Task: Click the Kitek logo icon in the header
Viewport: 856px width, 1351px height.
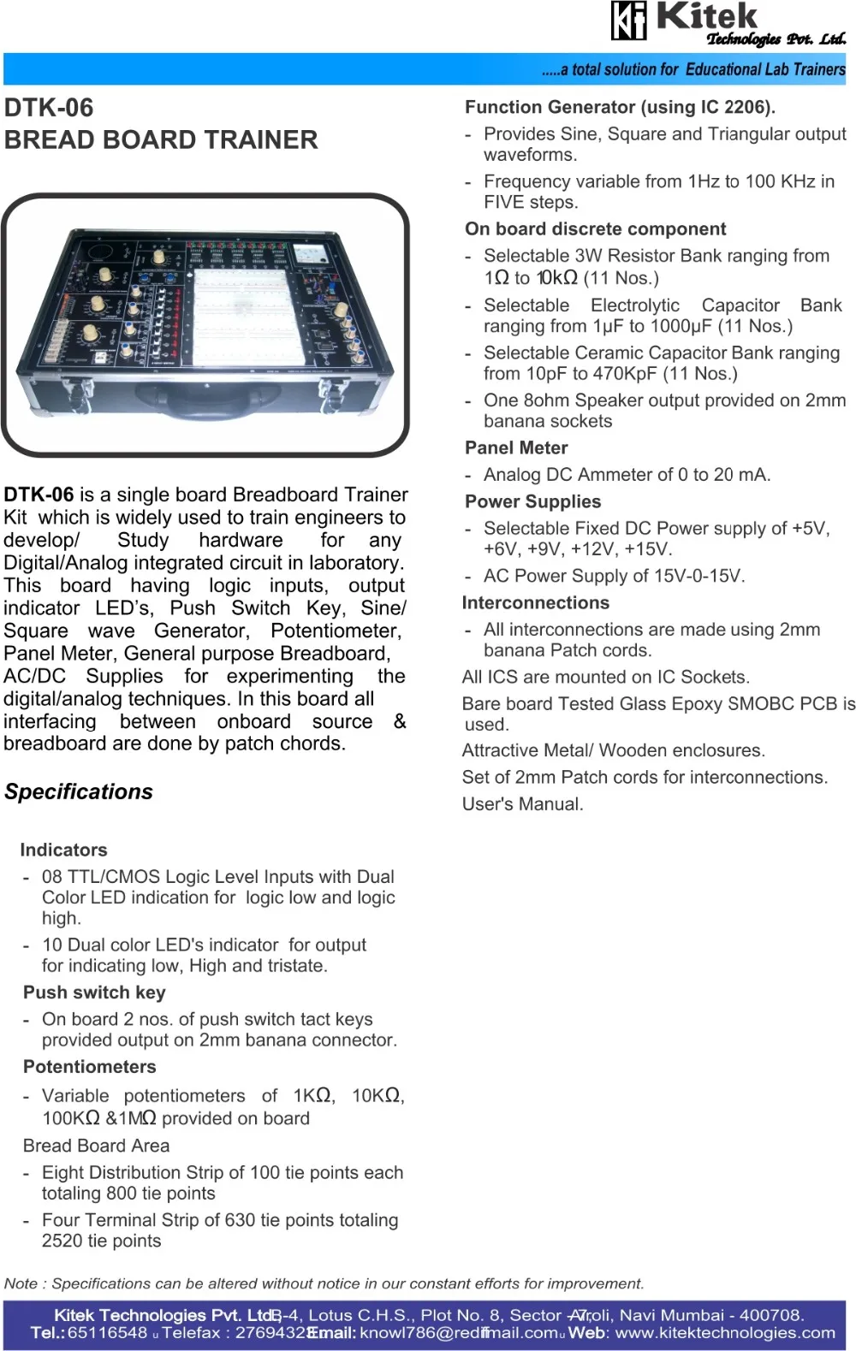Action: (628, 21)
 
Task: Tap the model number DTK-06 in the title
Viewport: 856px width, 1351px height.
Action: (49, 108)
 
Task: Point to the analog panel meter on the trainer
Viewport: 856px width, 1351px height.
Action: (310, 253)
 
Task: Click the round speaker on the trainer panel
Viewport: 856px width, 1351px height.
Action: (101, 252)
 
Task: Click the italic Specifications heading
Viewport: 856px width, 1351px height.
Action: (79, 791)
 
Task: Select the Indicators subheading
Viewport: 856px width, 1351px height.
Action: (64, 850)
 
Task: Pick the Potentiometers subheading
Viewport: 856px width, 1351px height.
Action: (90, 1066)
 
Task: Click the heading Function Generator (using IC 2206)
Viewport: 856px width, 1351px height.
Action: (620, 107)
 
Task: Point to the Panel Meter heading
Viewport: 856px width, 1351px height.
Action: (516, 447)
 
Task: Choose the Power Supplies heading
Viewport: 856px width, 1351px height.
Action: (532, 501)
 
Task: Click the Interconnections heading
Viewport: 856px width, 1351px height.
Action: (536, 602)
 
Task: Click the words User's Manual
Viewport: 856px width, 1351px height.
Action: (522, 803)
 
